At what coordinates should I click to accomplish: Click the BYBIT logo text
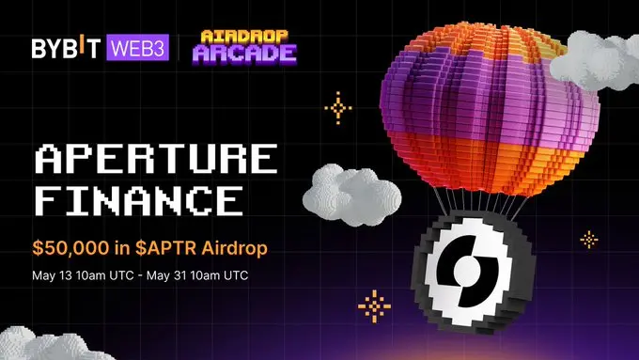[70, 48]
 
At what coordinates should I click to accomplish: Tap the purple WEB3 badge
[137, 48]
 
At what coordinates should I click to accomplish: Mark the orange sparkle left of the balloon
[337, 107]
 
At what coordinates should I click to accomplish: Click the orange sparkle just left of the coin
[376, 306]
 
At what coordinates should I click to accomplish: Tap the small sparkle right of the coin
[589, 239]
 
